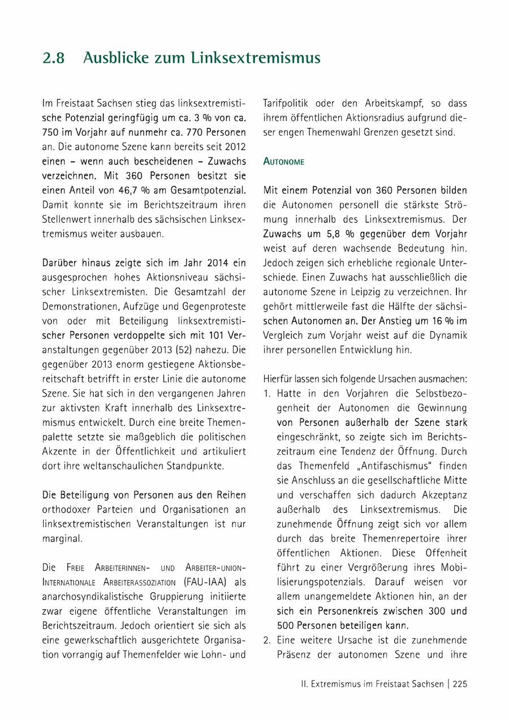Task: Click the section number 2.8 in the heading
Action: coord(54,58)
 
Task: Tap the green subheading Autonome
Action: coord(284,162)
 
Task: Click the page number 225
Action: coord(460,684)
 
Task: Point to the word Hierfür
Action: coord(278,379)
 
